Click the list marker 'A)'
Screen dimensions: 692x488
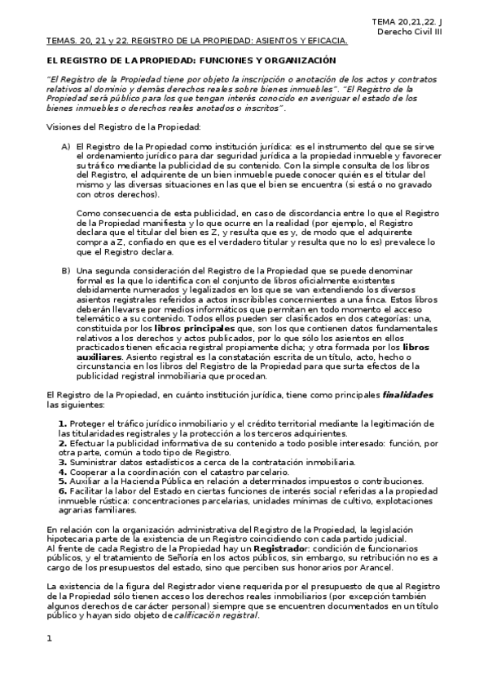point(66,145)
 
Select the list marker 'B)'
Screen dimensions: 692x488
point(66,270)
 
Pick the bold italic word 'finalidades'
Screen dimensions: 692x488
point(407,395)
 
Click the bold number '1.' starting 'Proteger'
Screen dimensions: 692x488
point(63,424)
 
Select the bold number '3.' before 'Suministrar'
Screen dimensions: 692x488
point(63,461)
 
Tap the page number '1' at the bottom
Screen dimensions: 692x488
point(50,661)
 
